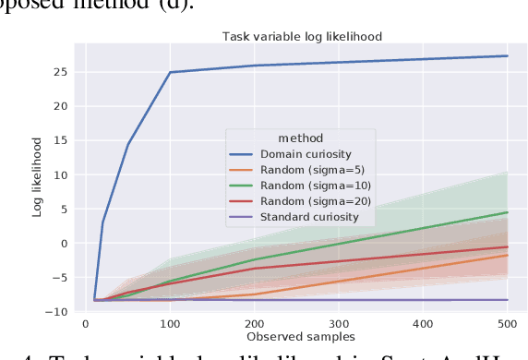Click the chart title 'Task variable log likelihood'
(303, 36)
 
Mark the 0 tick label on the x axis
(86, 324)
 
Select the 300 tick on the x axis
(339, 324)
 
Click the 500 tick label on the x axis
(507, 324)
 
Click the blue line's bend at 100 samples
(171, 72)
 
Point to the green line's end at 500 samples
(508, 212)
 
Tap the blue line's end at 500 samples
(508, 55)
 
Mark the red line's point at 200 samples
(255, 269)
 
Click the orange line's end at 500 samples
(508, 255)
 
